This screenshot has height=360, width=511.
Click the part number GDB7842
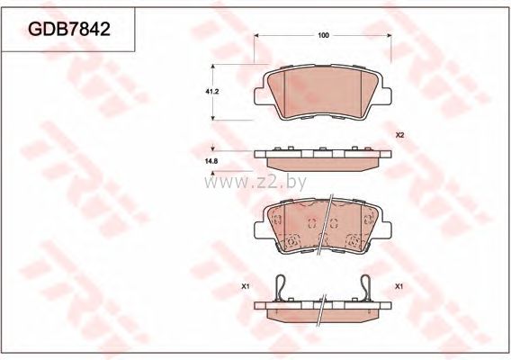[69, 29]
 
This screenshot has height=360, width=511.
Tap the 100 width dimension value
[323, 35]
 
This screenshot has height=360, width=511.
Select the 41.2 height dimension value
[211, 92]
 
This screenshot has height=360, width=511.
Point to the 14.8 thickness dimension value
[211, 161]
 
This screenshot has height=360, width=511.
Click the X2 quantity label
[399, 135]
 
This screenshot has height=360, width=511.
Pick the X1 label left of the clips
[245, 286]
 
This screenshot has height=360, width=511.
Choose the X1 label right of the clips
[399, 286]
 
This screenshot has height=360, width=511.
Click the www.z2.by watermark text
[255, 184]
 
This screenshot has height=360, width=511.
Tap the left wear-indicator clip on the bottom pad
[281, 287]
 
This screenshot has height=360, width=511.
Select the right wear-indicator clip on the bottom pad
[366, 287]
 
